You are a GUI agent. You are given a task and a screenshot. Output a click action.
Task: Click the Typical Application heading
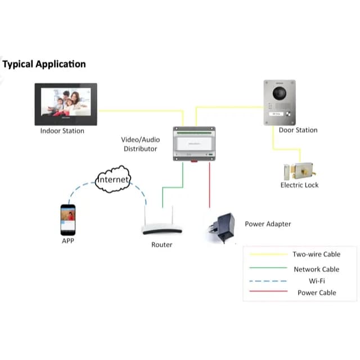coord(44,64)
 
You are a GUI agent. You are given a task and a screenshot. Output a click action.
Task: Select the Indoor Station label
coord(62,131)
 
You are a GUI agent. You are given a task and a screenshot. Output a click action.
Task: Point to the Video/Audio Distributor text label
coord(141,144)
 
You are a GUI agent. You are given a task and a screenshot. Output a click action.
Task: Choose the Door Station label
coord(298,130)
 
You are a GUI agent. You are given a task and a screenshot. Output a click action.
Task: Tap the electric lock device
coord(300,170)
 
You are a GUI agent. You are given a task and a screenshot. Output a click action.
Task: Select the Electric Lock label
coord(300,185)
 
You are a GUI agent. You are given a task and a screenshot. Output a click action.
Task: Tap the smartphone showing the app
coord(68,219)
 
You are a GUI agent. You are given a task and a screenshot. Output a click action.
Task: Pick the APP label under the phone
coord(68,241)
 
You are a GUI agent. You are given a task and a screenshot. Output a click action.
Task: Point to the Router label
coord(162,245)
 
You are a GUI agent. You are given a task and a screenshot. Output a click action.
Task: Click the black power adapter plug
coord(222,226)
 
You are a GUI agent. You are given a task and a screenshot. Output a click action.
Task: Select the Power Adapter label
coord(268,224)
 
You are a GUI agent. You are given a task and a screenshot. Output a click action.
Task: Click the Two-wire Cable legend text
coord(316,255)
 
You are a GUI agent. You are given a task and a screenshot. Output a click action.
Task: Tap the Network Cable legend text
coord(316,269)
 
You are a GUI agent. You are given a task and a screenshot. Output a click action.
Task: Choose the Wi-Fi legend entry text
coord(316,281)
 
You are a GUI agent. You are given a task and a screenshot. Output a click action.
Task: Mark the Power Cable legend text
coord(316,292)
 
